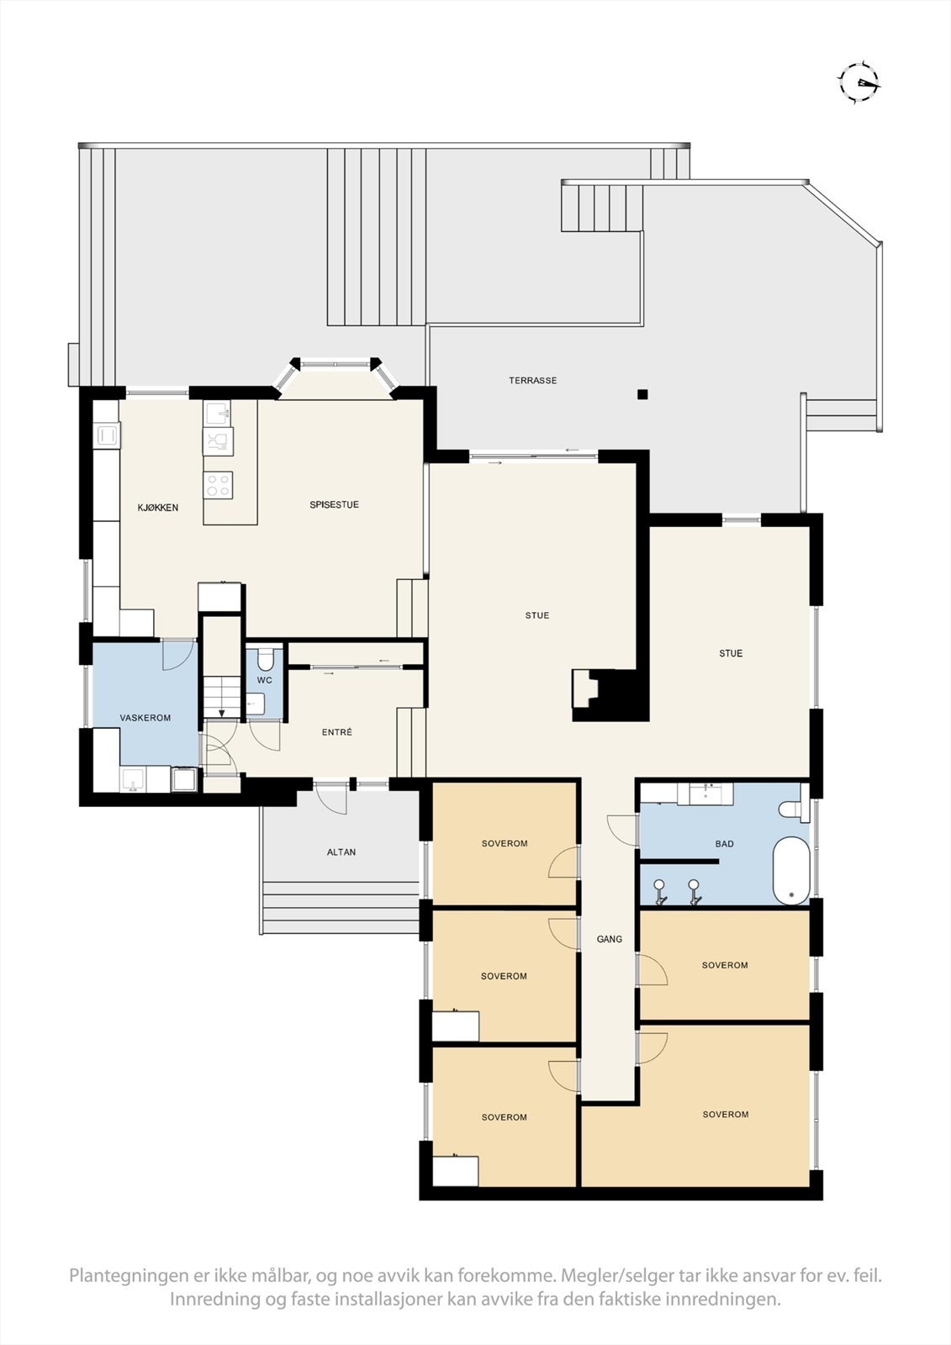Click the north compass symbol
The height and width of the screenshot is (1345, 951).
point(859,82)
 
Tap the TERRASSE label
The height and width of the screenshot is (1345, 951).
point(532,381)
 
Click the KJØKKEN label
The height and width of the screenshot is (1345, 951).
point(158,508)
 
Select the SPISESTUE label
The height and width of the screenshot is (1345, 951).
point(334,505)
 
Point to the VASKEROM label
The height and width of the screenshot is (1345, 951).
point(145,718)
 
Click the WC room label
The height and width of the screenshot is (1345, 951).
point(264,680)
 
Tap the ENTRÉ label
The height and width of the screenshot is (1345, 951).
point(336,733)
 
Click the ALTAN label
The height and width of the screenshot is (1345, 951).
point(341,852)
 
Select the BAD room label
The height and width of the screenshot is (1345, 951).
point(724,844)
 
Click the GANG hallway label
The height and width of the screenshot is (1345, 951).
point(609,939)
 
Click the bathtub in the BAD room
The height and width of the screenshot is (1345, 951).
point(791,870)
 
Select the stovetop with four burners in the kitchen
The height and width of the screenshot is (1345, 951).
point(219,484)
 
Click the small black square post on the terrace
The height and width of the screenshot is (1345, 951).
point(642,393)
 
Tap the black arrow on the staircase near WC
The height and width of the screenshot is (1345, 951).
point(221,714)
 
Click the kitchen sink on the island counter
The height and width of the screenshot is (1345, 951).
point(217,413)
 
